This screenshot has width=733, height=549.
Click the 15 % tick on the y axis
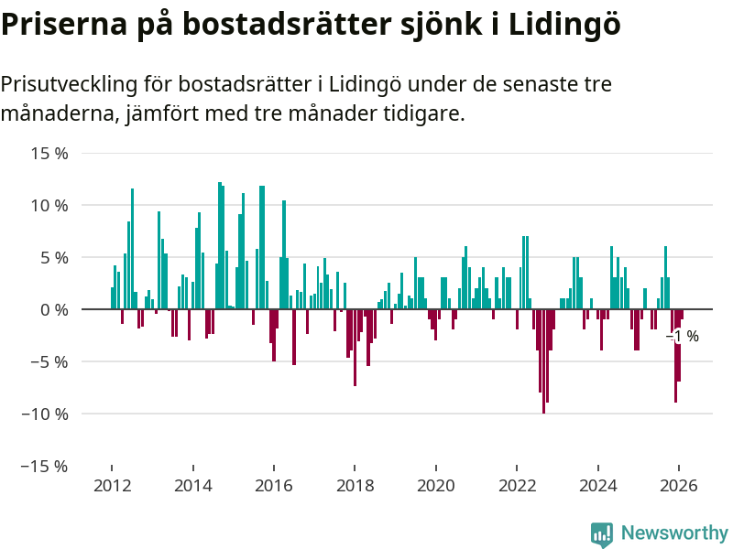coord(49,154)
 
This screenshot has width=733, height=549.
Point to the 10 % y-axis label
coord(49,206)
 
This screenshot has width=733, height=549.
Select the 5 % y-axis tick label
coord(54,258)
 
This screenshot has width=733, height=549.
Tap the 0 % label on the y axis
coord(54,310)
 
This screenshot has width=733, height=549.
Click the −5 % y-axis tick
coord(49,361)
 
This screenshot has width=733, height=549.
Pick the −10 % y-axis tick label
coord(45,414)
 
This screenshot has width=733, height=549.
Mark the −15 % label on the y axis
coord(45,466)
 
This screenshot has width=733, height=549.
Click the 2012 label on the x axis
coord(112,486)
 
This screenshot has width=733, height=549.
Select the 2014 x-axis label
coord(192,486)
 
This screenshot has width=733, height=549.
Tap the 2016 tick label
coord(274,486)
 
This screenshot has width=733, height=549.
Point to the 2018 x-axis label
coord(355,486)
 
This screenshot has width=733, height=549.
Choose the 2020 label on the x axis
coord(436,486)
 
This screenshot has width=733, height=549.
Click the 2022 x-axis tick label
coord(517,486)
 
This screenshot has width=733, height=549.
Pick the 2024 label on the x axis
coord(598,486)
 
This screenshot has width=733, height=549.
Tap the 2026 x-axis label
coord(679,486)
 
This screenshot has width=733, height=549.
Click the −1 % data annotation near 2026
coord(683,337)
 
